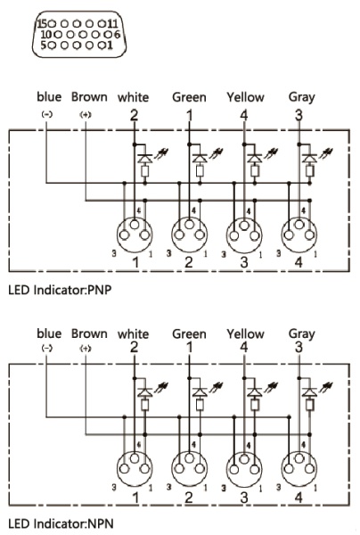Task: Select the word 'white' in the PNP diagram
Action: (134, 97)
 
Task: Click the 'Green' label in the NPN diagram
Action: (189, 333)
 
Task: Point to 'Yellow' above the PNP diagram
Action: (245, 97)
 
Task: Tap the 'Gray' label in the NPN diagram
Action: (302, 334)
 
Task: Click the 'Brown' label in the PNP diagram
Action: (89, 97)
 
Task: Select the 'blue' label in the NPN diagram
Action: (49, 333)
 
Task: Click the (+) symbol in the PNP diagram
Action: (86, 115)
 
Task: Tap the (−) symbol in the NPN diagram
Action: (47, 349)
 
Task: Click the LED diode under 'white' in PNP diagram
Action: (145, 159)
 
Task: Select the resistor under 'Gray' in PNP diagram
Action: (309, 170)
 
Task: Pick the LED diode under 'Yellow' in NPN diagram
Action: (254, 392)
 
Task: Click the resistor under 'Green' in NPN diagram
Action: (200, 405)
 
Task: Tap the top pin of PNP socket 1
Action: (135, 225)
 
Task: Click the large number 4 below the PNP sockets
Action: (299, 262)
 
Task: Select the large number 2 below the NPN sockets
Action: (189, 498)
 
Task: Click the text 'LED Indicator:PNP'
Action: (60, 290)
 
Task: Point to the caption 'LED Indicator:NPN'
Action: (61, 523)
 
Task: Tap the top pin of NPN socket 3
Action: (244, 458)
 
